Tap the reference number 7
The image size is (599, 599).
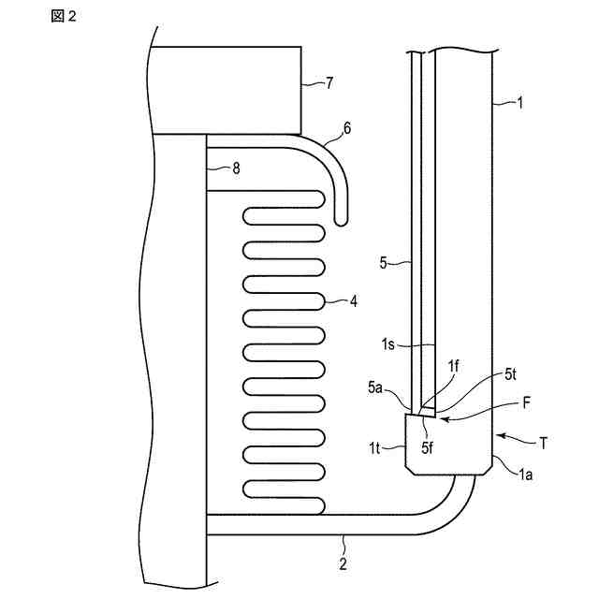pos(329,83)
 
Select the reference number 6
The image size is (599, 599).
pos(347,128)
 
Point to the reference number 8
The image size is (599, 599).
pos(236,168)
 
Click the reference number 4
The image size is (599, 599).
pos(353,301)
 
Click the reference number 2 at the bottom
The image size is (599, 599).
pos(343,563)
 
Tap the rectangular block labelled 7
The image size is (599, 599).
pos(224,90)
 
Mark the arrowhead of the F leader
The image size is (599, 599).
pos(442,420)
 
